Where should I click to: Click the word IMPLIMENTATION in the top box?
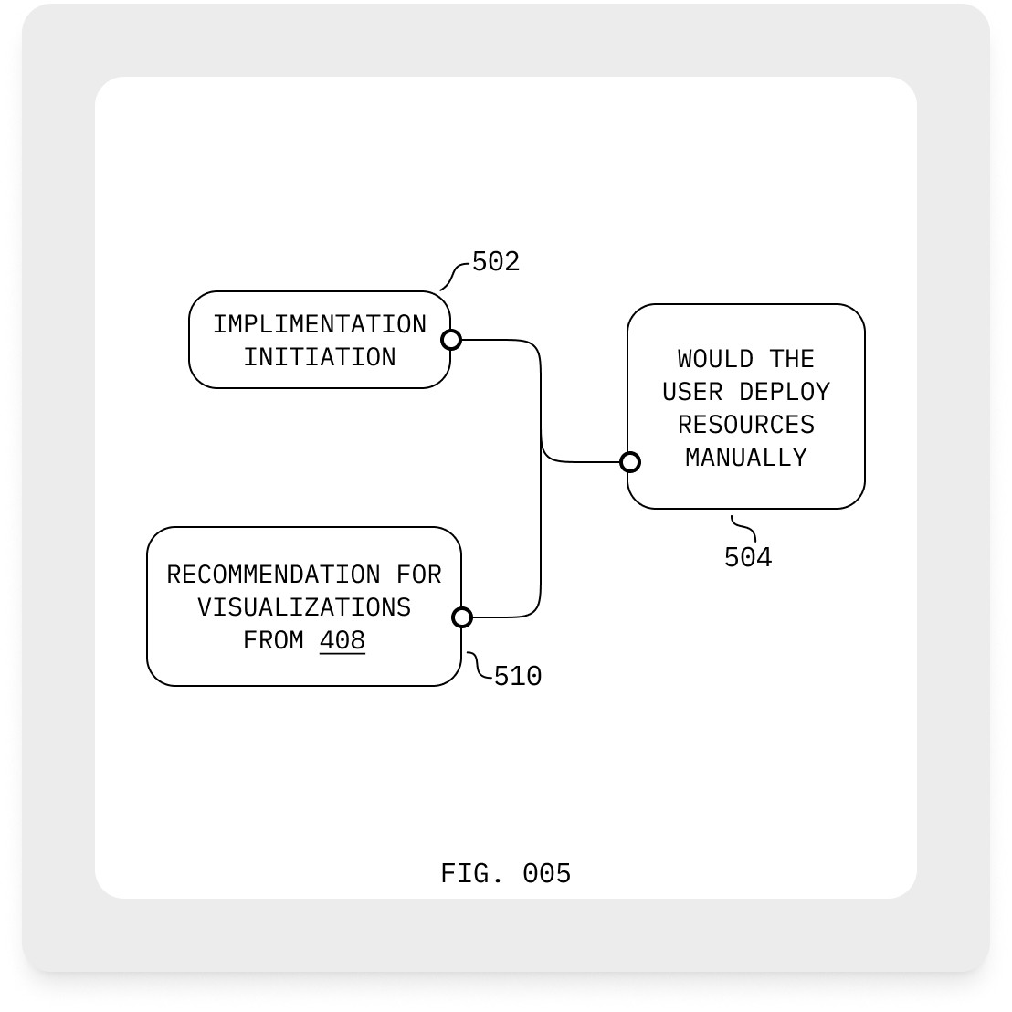[320, 324]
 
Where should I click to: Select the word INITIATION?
[320, 357]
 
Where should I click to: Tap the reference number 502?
[495, 262]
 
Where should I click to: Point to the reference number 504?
[747, 557]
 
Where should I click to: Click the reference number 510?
[517, 677]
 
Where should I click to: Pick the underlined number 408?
[343, 640]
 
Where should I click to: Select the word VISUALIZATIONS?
[304, 607]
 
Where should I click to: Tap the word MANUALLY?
[746, 458]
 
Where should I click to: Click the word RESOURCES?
[746, 425]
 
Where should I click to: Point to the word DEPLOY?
[785, 392]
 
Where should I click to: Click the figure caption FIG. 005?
[505, 874]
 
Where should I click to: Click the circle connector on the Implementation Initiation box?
[451, 340]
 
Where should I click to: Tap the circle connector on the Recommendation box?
[462, 617]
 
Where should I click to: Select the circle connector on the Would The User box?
[629, 462]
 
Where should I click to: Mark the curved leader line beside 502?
[454, 277]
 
